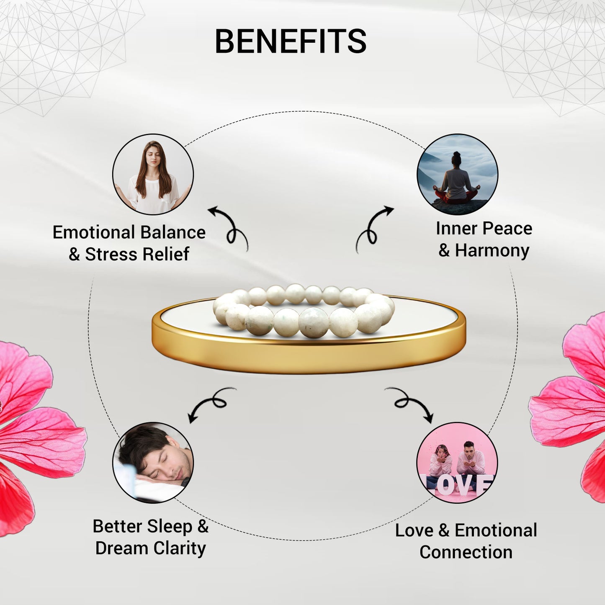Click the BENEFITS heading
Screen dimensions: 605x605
point(291,41)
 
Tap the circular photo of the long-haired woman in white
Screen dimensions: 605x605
point(153,174)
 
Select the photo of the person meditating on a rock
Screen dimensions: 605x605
point(458,174)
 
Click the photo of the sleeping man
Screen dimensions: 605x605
point(153,463)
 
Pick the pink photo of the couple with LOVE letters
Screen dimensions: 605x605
point(458,463)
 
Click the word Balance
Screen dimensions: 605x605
point(172,233)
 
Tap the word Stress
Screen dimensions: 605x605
point(111,254)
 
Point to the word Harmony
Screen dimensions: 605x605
point(492,251)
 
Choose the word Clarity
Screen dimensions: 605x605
point(180,548)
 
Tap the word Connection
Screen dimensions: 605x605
point(466,552)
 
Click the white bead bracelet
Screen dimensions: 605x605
point(303,311)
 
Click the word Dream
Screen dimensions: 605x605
point(122,548)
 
